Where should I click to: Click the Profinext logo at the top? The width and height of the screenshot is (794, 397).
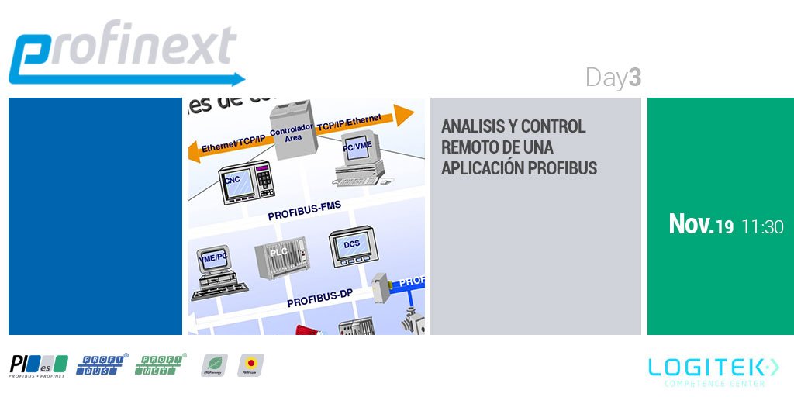pos(124,53)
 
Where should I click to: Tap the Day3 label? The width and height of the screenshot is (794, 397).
pos(613,78)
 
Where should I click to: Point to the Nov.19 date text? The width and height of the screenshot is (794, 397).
pos(701,226)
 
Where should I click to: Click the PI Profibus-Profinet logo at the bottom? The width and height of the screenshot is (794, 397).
pos(38,365)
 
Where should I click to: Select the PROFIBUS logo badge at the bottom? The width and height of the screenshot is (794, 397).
pos(102,364)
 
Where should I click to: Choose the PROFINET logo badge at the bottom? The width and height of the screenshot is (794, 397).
pos(161,364)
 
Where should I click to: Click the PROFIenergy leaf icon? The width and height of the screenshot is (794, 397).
pos(214,364)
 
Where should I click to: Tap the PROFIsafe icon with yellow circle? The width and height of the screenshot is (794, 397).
pos(250,364)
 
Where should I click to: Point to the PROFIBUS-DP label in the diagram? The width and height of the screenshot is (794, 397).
pos(322,299)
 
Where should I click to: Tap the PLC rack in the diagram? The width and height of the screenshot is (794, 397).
pos(280,259)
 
